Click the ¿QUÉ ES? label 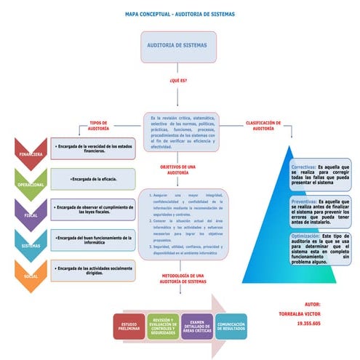pos(178,81)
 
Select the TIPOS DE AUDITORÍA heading pos(99,126)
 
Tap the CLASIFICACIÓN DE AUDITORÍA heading pos(263,125)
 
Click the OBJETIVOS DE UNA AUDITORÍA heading pos(178,170)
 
